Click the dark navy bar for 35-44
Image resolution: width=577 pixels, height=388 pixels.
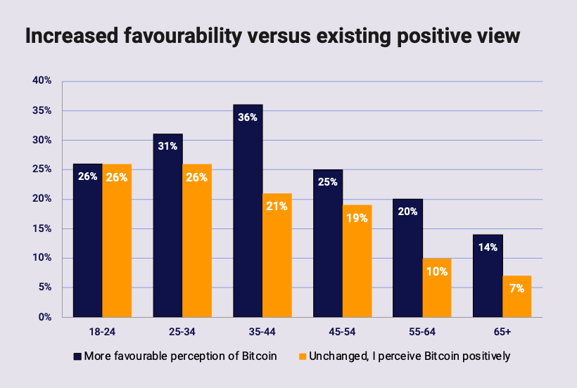point(248,211)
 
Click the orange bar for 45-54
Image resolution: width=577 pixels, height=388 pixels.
point(357,261)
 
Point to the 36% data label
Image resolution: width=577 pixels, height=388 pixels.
point(248,117)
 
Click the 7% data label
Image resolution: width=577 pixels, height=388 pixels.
point(516,288)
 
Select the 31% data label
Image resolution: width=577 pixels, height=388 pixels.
point(167,146)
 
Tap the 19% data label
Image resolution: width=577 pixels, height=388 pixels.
point(357,218)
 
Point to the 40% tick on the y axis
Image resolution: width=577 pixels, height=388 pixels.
point(42,81)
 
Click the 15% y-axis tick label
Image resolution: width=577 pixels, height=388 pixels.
point(42,228)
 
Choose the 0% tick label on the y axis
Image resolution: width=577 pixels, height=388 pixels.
point(45,317)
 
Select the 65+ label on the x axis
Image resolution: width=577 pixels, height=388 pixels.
point(502,330)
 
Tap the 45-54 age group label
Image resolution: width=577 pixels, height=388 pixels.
point(342,330)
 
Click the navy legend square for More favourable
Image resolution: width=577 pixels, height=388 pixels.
point(77,356)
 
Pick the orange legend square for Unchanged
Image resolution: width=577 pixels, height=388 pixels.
point(303,356)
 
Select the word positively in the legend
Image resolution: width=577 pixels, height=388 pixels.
point(484,356)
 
